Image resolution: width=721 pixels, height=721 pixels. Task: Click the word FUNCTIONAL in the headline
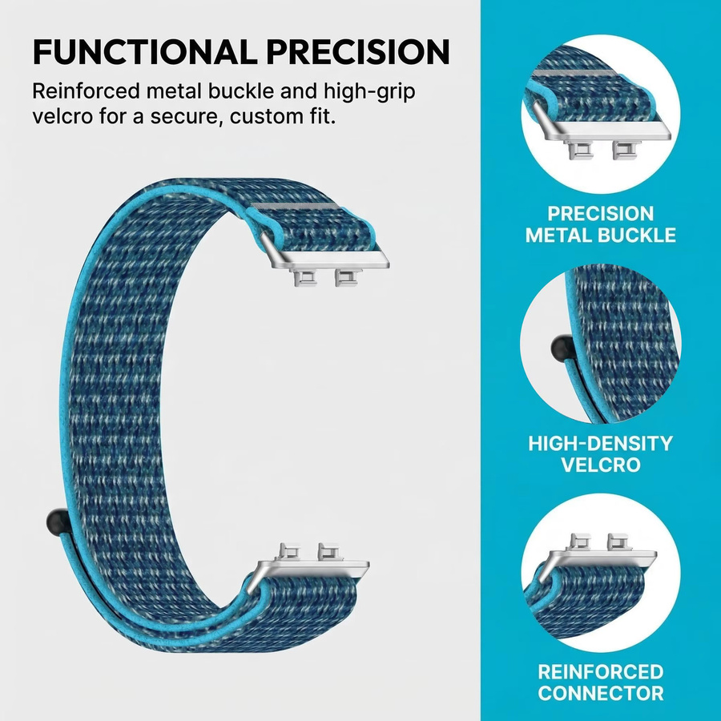tap(144, 51)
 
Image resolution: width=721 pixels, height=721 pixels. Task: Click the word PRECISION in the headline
tap(358, 51)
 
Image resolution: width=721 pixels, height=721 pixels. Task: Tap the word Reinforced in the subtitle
tap(86, 91)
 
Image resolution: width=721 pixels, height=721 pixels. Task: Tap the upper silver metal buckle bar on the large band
tap(324, 255)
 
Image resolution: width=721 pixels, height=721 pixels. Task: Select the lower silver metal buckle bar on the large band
tap(309, 574)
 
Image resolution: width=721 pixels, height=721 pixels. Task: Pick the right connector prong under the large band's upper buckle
tap(347, 278)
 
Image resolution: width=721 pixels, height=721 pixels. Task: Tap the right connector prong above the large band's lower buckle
tap(328, 551)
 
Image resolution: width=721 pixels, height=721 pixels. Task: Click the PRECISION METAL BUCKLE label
tap(601, 224)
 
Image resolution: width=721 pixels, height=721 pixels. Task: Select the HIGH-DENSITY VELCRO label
tap(601, 454)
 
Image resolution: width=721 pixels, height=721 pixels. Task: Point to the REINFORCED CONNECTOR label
tap(601, 682)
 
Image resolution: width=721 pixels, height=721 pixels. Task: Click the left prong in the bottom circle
tap(581, 542)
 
